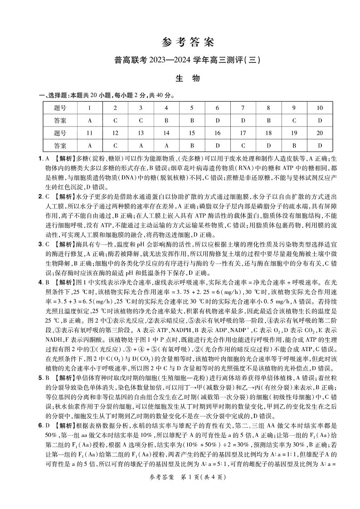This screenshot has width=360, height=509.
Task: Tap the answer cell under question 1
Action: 89,121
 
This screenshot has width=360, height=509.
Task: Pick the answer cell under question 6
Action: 218,121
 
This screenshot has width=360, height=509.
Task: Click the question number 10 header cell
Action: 320,108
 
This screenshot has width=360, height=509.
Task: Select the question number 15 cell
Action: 192,133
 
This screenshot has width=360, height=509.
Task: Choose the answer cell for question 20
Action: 320,146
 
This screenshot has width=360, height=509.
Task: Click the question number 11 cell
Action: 89,133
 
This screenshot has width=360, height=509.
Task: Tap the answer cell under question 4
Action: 166,121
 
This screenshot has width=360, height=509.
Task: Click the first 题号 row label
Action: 60,108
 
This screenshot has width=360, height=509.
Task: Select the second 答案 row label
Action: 60,146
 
